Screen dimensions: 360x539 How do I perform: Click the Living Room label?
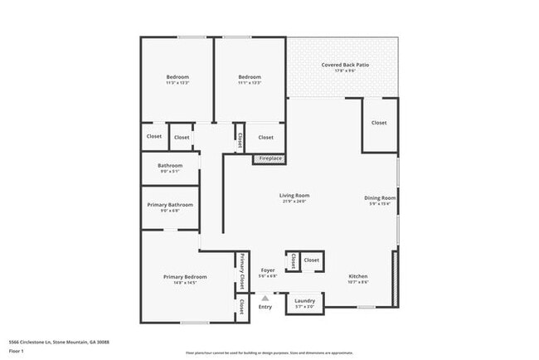(294, 195)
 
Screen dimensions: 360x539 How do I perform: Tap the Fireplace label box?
(270, 158)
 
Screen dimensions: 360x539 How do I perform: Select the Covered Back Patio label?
(345, 64)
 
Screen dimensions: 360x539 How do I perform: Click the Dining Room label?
(380, 198)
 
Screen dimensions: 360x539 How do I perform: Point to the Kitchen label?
(358, 276)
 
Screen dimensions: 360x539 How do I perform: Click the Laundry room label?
(304, 300)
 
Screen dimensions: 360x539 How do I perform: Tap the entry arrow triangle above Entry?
(265, 298)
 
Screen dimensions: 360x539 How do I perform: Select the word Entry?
(265, 307)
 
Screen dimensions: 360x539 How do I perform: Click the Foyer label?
(268, 270)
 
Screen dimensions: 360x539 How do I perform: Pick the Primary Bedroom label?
(185, 276)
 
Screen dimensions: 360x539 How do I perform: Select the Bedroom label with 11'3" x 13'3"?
(177, 77)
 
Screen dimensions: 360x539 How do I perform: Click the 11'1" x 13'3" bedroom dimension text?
(250, 83)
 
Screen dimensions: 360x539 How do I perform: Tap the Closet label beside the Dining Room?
(379, 123)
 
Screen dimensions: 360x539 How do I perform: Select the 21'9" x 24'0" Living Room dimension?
(294, 202)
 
